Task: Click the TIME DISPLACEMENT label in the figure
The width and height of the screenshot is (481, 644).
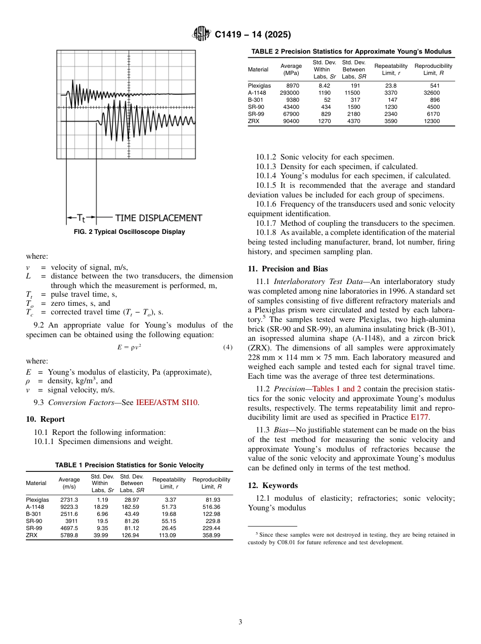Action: click(x=158, y=218)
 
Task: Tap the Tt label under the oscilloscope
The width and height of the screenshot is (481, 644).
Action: click(x=82, y=218)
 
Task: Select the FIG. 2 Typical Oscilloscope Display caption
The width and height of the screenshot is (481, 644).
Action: click(x=130, y=232)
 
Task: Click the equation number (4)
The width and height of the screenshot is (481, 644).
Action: click(x=228, y=347)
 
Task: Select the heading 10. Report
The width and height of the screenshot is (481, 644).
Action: click(x=45, y=419)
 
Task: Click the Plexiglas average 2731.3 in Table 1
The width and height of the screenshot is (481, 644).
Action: click(x=69, y=500)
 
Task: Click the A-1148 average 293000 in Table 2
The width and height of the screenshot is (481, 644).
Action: click(x=290, y=93)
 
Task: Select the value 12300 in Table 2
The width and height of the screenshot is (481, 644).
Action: click(x=431, y=122)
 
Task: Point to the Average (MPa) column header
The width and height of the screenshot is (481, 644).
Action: click(x=291, y=69)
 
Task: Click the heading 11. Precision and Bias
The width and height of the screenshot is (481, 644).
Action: click(x=288, y=269)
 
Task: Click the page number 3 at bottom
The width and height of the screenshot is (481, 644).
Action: click(x=240, y=622)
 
